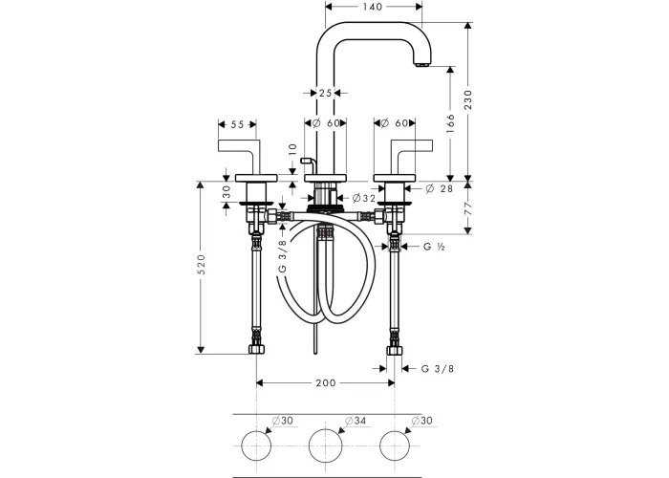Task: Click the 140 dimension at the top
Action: pyautogui.click(x=374, y=7)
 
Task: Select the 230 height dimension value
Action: pyautogui.click(x=468, y=99)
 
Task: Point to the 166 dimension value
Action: pyautogui.click(x=450, y=123)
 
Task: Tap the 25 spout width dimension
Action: pyautogui.click(x=325, y=93)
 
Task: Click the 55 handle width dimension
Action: pyautogui.click(x=237, y=124)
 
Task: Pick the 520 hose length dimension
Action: pyautogui.click(x=202, y=265)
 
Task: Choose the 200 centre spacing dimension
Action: pyautogui.click(x=326, y=382)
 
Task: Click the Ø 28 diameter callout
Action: pyautogui.click(x=439, y=188)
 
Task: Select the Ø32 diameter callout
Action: pyautogui.click(x=363, y=198)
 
